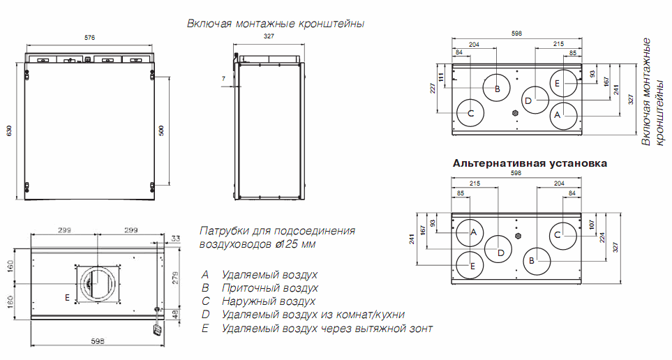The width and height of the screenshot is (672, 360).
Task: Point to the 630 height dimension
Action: pyautogui.click(x=8, y=131)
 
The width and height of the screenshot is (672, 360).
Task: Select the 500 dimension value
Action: pyautogui.click(x=161, y=130)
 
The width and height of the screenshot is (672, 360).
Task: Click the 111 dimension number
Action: pyautogui.click(x=442, y=75)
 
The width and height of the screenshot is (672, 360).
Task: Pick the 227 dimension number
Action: pyautogui.click(x=433, y=88)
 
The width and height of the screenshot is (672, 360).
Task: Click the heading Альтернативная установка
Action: pyautogui.click(x=530, y=163)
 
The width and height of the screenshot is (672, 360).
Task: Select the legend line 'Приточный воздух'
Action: pyautogui.click(x=269, y=287)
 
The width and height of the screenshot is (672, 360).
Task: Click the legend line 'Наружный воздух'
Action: pyautogui.click(x=268, y=301)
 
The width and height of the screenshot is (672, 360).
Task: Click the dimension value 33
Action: pyautogui.click(x=174, y=239)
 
